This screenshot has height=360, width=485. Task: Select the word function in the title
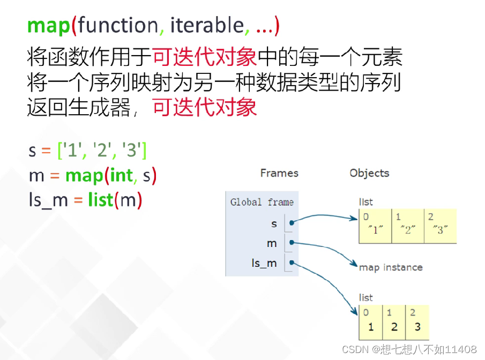(x=117, y=25)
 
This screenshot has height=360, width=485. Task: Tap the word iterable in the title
(x=207, y=25)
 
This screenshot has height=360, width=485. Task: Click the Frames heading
(x=279, y=173)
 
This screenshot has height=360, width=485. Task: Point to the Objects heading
(x=369, y=173)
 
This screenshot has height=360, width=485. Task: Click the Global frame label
(x=262, y=202)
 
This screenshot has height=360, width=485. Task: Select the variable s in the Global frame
(x=274, y=223)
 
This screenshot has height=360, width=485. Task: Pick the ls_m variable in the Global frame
(x=264, y=263)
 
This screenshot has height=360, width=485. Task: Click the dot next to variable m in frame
(x=292, y=243)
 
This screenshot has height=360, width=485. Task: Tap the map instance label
(x=391, y=267)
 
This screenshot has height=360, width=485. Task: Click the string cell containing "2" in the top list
(x=408, y=226)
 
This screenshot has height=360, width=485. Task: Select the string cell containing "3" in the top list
(x=441, y=226)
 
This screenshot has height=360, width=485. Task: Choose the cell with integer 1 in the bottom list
(x=370, y=322)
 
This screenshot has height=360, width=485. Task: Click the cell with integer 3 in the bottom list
(x=417, y=322)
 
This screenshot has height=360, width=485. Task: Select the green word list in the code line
(x=101, y=200)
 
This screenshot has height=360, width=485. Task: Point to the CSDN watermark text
(x=409, y=349)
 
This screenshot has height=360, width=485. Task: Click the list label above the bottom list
(x=366, y=297)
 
